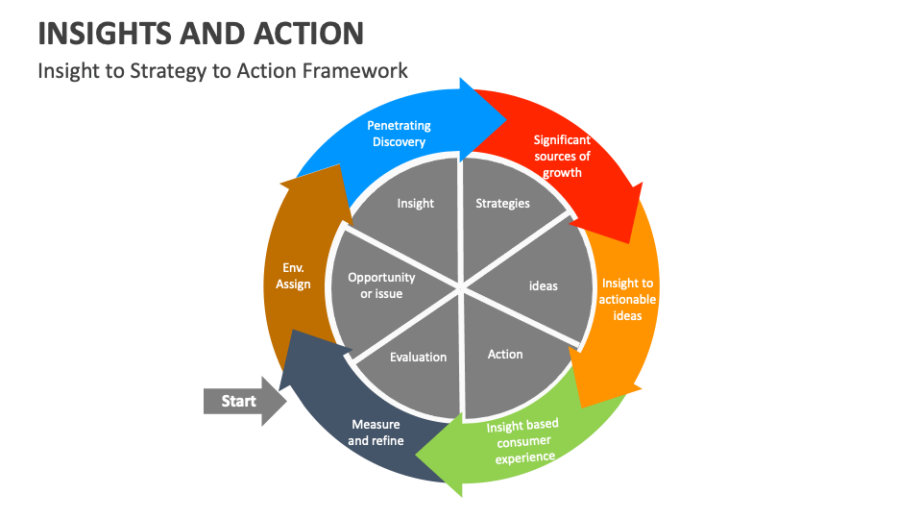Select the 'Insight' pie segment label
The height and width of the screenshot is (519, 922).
[415, 204]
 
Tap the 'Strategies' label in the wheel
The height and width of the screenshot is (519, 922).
[502, 204]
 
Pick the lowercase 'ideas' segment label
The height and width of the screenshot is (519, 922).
[544, 286]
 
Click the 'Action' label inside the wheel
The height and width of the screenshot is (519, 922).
[505, 355]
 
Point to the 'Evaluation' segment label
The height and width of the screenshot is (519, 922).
[418, 358]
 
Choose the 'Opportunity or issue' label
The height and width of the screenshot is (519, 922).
[381, 285]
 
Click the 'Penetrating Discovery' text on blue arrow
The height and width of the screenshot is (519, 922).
[399, 134]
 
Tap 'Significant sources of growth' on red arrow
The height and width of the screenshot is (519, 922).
[562, 157]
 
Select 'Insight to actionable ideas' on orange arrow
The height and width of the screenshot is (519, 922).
[628, 299]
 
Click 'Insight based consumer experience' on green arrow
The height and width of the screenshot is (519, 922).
[522, 441]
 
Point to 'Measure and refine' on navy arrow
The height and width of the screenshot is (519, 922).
[376, 432]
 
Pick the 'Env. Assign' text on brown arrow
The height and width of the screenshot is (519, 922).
[293, 276]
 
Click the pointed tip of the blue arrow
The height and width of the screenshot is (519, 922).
[507, 118]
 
